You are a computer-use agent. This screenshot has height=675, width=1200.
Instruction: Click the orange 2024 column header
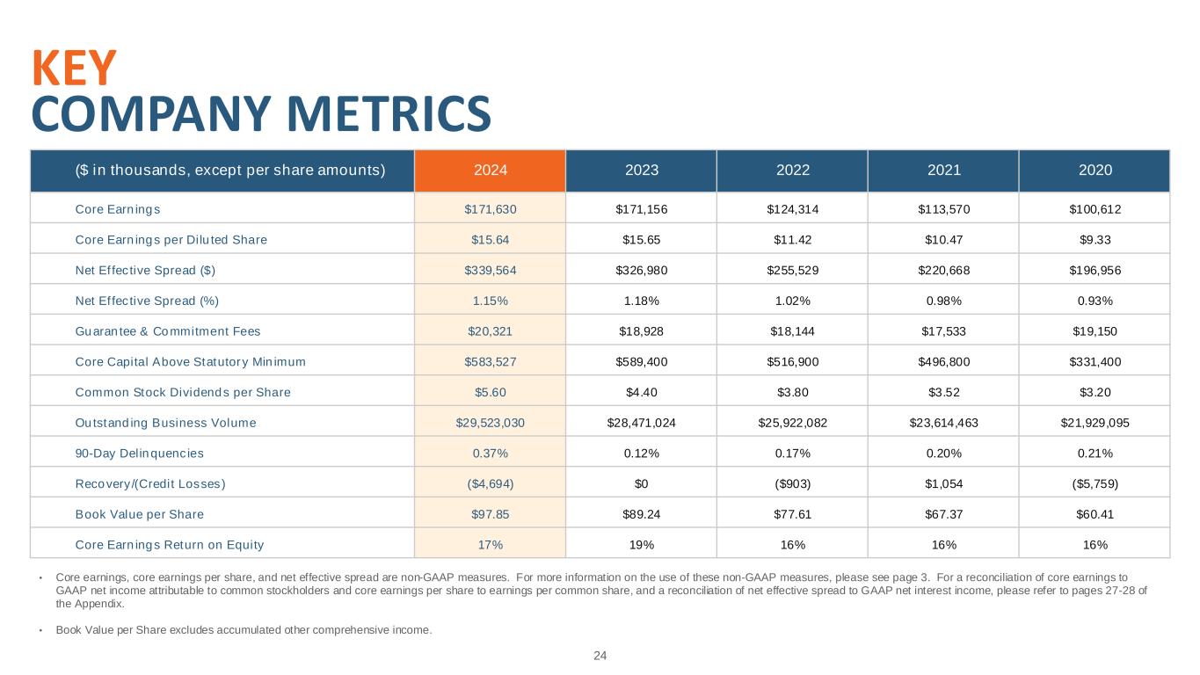point(490,171)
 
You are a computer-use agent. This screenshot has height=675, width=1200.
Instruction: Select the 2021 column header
point(943,171)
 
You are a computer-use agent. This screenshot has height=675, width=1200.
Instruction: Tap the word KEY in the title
point(74,68)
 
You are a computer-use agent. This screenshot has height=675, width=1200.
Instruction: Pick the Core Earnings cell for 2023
point(641,209)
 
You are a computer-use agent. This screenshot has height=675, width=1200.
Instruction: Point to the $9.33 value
point(1095,240)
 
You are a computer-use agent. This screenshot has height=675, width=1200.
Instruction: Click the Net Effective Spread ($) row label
point(144,271)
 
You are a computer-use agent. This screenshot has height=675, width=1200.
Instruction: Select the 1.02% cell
point(792,301)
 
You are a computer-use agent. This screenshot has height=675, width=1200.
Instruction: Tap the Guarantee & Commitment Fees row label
point(168,331)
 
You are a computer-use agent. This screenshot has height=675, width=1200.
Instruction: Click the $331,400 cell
point(1095,362)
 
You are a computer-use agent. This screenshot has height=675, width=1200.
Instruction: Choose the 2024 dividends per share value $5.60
point(490,392)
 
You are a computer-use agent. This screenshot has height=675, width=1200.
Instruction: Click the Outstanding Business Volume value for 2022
point(792,423)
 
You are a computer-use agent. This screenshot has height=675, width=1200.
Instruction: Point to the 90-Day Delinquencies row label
point(139,454)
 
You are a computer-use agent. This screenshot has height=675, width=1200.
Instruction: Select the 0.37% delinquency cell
point(490,454)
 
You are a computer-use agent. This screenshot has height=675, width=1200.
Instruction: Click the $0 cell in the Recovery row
point(641,483)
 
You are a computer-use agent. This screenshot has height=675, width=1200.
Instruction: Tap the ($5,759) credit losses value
point(1095,483)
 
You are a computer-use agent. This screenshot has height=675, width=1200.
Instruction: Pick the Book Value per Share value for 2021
point(943,514)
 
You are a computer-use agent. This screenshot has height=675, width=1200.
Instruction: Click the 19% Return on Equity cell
point(641,545)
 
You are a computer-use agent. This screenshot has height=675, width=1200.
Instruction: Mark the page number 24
point(600,656)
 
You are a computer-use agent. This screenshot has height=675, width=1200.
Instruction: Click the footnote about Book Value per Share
point(244,629)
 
